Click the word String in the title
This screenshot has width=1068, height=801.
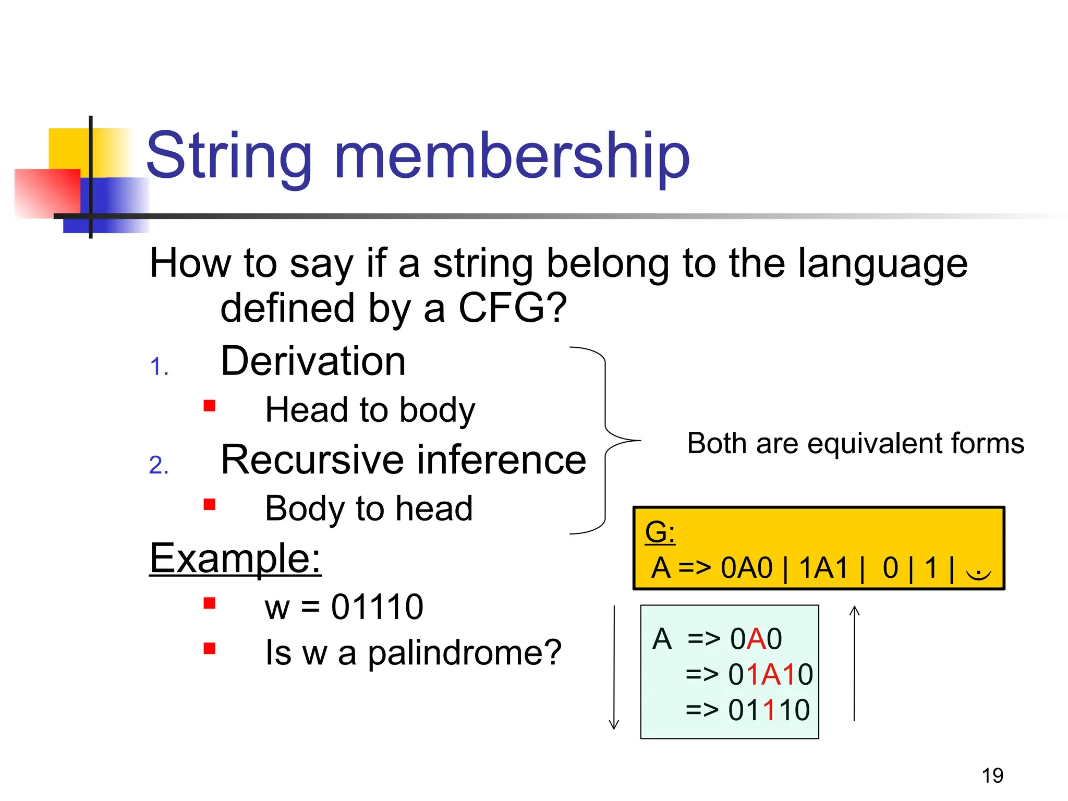pos(229,155)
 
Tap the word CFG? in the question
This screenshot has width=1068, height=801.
pos(513,308)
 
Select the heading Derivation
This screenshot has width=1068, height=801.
pos(313,361)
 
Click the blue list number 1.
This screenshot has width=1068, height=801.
pos(159,367)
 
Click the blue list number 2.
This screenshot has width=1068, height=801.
pos(159,465)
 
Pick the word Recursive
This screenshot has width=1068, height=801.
pos(313,460)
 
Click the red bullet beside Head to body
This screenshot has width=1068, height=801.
pos(210,406)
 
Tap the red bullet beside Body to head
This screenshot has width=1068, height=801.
pos(210,504)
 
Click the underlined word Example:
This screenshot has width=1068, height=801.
pos(235,558)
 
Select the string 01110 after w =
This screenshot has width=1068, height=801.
pos(377,607)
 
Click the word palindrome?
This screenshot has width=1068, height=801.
pos(465,652)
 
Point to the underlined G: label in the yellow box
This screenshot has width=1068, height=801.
pos(660,532)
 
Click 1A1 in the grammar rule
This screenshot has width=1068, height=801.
pos(823,568)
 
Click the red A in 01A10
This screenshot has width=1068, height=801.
pos(771,674)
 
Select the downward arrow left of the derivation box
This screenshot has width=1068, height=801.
pos(614,667)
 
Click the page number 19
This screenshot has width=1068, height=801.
pos(992,775)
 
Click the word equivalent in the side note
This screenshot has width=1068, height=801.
pos(876,443)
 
